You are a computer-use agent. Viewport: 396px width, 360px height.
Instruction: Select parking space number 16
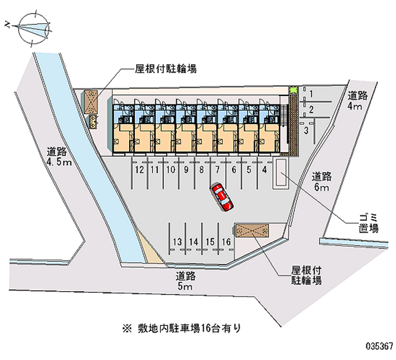coord(226,242)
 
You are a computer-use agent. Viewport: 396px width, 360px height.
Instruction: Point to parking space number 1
coord(311,94)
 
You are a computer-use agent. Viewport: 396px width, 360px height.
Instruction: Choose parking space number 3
coord(306,130)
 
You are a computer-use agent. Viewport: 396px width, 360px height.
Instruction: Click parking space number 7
coord(217,170)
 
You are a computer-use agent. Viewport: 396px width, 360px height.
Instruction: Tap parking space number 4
coord(265,170)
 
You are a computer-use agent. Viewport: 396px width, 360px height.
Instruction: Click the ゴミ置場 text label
coord(369,223)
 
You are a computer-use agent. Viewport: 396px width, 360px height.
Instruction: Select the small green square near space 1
coord(293,90)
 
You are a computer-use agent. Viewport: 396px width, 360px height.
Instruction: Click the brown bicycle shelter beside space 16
coord(252,230)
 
